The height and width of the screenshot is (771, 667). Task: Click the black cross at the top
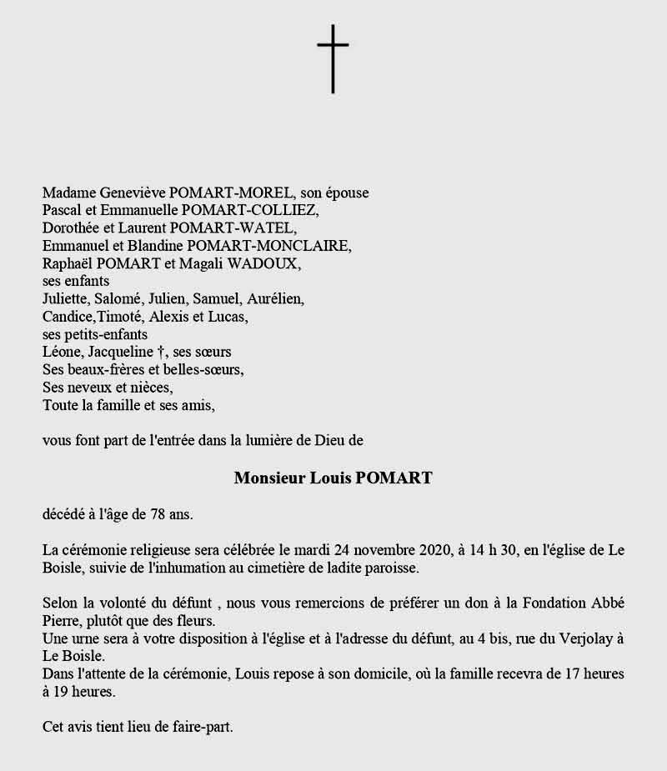click(333, 58)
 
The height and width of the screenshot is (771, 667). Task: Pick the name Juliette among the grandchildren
click(65, 299)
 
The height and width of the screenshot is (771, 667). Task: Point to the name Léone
click(60, 353)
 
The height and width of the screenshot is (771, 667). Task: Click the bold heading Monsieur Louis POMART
click(333, 478)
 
